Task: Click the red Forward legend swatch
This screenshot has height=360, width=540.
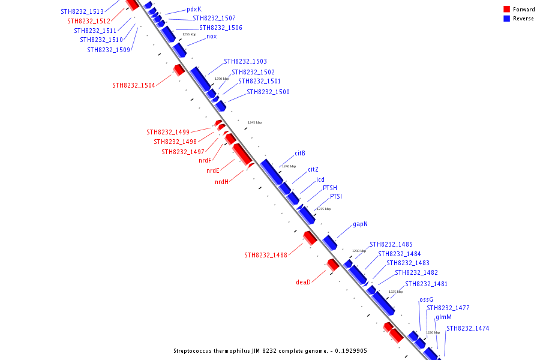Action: pos(507,9)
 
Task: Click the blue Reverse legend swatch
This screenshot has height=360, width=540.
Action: pos(507,19)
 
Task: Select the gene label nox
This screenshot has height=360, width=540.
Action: pos(211,37)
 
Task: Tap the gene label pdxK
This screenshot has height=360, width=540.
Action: pos(194,10)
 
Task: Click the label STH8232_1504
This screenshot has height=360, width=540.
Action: pos(133,86)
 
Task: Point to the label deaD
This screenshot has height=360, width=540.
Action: pos(303,282)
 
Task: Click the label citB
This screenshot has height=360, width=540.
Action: pos(300,153)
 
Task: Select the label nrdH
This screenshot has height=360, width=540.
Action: pos(221,182)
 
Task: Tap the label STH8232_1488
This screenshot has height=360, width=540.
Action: pos(265,255)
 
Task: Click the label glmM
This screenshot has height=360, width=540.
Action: pos(443,317)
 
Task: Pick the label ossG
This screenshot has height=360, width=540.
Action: pos(426,299)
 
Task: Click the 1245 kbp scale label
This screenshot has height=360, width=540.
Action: pos(254,122)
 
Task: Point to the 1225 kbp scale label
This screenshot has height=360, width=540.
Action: pos(395,292)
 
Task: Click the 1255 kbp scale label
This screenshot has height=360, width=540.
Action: pos(189,34)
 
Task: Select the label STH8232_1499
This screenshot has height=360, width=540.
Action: pos(168,133)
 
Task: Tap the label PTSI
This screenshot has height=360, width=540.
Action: pos(336,197)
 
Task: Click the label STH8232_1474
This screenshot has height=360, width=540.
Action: pos(467,329)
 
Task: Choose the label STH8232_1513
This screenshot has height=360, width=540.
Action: pos(82,12)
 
